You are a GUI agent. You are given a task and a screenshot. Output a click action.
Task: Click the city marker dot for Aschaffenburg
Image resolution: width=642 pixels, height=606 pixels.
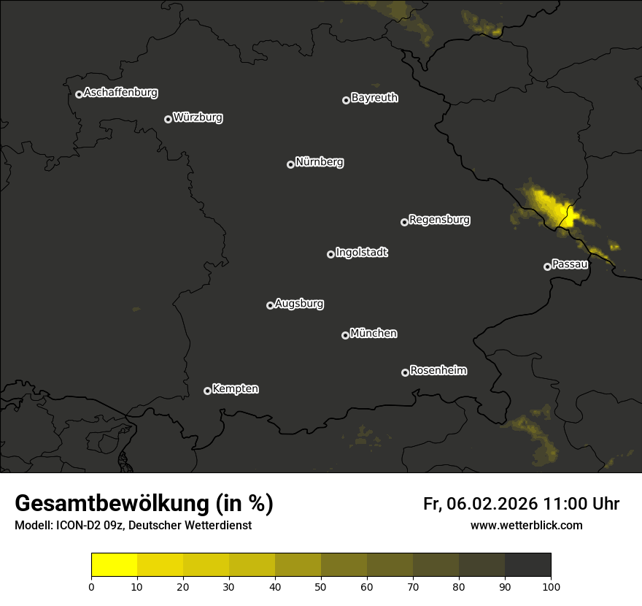pyautogui.click(x=79, y=94)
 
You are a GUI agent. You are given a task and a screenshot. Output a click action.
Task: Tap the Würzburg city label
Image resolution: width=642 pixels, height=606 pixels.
pyautogui.click(x=198, y=118)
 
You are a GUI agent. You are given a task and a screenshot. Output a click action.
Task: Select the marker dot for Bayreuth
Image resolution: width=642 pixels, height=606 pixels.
pyautogui.click(x=346, y=100)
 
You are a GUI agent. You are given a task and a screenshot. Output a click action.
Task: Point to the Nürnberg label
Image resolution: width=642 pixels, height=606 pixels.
pyautogui.click(x=320, y=162)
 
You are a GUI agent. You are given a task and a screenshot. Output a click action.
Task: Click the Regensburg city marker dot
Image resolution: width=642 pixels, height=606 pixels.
pyautogui.click(x=404, y=222)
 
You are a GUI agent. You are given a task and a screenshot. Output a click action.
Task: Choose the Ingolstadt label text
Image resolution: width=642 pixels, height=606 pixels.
pyautogui.click(x=362, y=253)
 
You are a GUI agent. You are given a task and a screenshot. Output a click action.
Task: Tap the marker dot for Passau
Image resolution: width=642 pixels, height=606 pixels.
pyautogui.click(x=547, y=266)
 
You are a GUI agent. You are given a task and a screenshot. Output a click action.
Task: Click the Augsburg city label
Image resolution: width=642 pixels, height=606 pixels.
pyautogui.click(x=299, y=304)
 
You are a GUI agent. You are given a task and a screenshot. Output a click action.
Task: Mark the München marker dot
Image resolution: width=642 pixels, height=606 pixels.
pyautogui.click(x=345, y=335)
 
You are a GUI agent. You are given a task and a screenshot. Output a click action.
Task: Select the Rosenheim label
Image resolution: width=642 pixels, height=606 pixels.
pyautogui.click(x=438, y=370)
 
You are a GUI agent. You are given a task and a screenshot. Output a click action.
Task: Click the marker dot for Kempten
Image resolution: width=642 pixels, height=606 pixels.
pyautogui.click(x=207, y=391)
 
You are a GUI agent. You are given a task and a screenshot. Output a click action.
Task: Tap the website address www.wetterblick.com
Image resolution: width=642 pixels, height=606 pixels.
pyautogui.click(x=526, y=525)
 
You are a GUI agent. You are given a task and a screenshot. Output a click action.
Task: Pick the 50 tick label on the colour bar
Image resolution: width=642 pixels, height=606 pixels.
pyautogui.click(x=321, y=586)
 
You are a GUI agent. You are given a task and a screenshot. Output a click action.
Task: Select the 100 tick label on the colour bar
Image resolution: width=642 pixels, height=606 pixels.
pyautogui.click(x=551, y=586)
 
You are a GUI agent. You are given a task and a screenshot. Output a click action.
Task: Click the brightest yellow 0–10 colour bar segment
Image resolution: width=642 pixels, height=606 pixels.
pyautogui.click(x=114, y=564)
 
